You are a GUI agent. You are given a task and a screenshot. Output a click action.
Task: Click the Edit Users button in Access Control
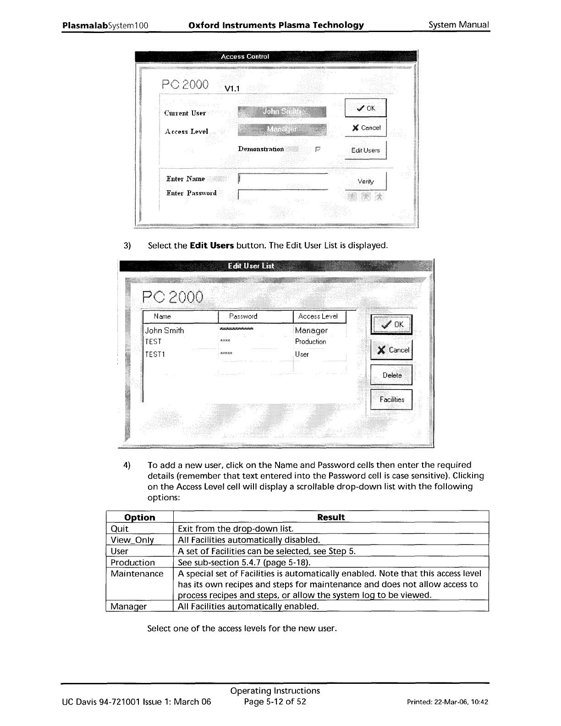[365, 150]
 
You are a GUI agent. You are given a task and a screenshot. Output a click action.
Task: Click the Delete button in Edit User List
[391, 375]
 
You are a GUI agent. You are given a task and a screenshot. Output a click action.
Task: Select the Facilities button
[391, 400]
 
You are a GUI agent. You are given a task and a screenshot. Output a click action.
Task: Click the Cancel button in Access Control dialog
[366, 128]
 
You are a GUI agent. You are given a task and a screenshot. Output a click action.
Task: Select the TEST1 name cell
[155, 354]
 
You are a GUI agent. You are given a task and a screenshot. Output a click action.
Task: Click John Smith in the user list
[165, 330]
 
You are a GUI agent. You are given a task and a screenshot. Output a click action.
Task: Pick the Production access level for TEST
[310, 342]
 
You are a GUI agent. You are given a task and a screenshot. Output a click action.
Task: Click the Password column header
[243, 316]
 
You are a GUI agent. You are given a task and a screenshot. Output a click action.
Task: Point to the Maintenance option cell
[137, 574]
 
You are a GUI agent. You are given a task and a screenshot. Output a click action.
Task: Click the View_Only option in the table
[132, 540]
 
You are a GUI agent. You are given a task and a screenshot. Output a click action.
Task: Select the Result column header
[330, 517]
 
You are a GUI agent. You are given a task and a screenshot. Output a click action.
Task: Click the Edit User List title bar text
[251, 266]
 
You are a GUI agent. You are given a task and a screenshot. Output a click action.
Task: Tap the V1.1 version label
[232, 88]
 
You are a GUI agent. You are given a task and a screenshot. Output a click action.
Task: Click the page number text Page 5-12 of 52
[275, 702]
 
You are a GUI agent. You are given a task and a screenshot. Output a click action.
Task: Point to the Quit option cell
[120, 528]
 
